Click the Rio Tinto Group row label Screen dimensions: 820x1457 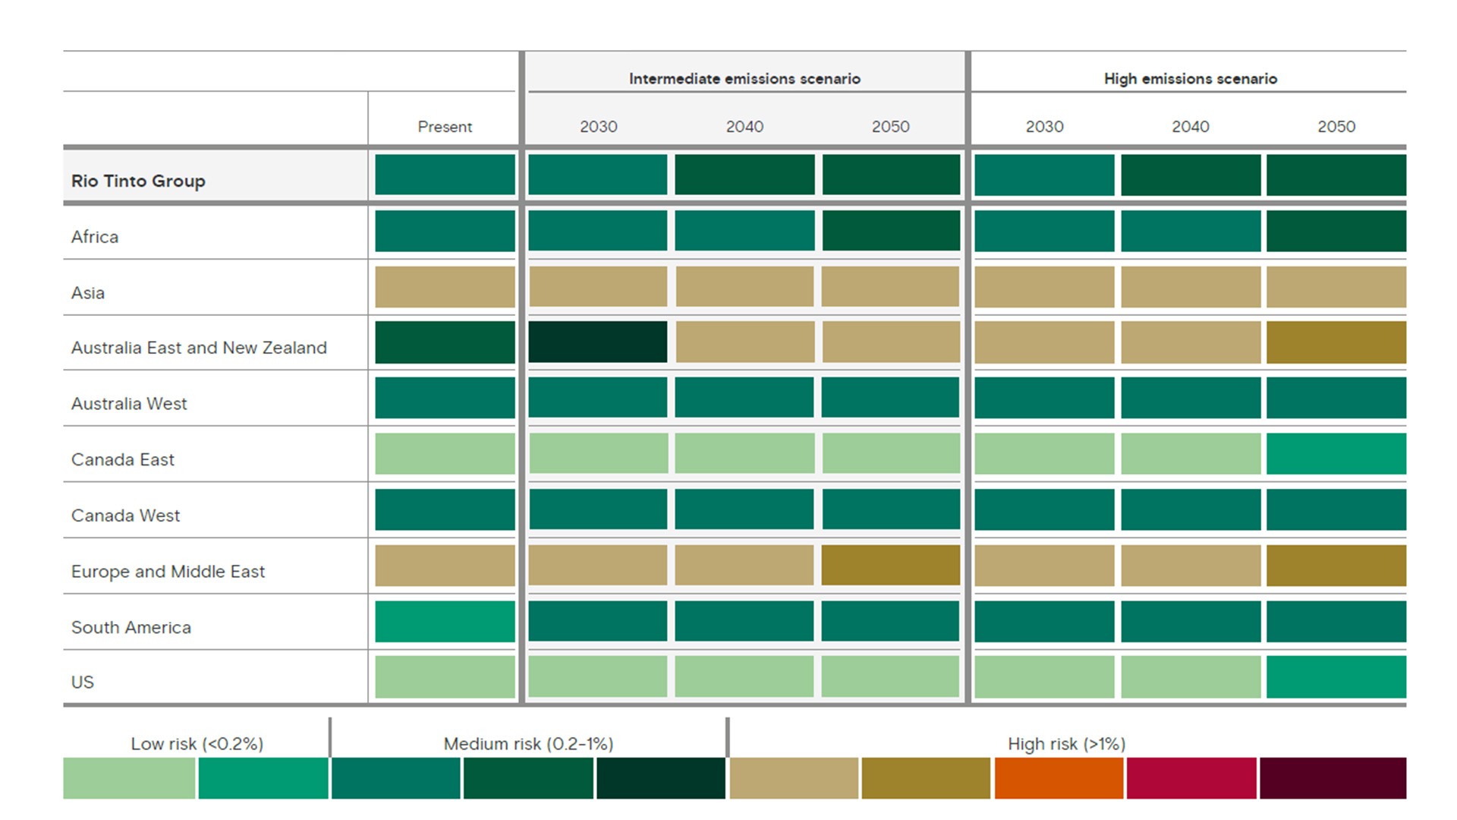(138, 181)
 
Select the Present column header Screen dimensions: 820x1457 (445, 127)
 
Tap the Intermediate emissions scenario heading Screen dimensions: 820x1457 (744, 79)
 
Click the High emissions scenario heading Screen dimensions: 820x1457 (1190, 79)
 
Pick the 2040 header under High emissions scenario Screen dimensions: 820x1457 (1190, 127)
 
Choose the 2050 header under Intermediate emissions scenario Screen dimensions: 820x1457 (890, 127)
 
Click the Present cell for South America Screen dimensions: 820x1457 (445, 621)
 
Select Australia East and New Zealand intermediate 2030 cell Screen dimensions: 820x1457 (598, 342)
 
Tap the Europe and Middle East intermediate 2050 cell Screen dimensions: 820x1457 (890, 565)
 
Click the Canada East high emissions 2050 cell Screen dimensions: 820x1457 (1336, 453)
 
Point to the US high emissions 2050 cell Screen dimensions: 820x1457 (1336, 676)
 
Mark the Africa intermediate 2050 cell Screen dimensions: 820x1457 (890, 230)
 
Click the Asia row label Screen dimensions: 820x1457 (88, 293)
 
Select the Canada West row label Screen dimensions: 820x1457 (125, 516)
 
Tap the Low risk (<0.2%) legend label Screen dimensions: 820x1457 (197, 744)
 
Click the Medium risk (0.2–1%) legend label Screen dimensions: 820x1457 (528, 744)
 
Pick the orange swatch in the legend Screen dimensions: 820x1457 (1059, 778)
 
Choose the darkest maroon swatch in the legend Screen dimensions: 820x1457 (1333, 778)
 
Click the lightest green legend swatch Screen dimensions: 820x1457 (129, 778)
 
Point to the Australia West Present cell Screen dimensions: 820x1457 (445, 398)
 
